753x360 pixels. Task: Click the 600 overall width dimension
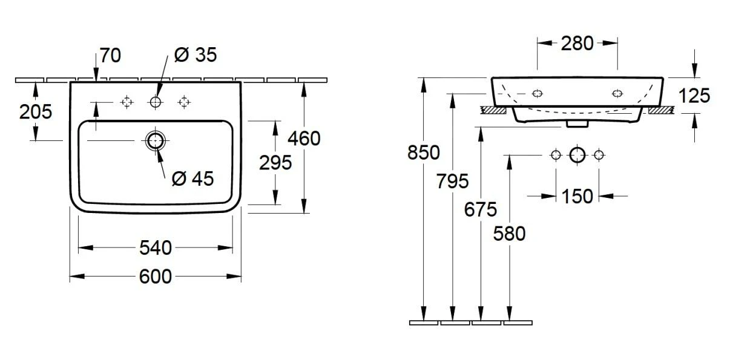coord(156,277)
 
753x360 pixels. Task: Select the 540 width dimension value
coord(156,247)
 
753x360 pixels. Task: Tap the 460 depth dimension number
coord(304,139)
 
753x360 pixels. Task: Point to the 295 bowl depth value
coord(275,162)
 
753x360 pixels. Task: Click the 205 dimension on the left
coord(36,111)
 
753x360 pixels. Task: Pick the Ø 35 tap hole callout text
coord(195,55)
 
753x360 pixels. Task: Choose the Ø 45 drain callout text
coord(192,178)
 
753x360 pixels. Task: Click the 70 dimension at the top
coord(110,56)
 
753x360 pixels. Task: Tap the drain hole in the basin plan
coord(156,141)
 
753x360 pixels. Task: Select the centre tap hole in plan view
coord(156,102)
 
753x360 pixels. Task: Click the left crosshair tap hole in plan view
coord(127,102)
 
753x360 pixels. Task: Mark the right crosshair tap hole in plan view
coord(184,102)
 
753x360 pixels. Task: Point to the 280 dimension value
coord(577,43)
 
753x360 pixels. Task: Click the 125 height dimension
coord(694,96)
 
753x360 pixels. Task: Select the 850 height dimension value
coord(424,152)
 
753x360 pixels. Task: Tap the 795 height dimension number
coord(452,181)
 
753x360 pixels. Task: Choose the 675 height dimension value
coord(481,209)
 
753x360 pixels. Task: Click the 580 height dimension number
coord(510,233)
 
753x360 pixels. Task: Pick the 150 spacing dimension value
coord(577,196)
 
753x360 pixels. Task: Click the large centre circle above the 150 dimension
coord(577,155)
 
